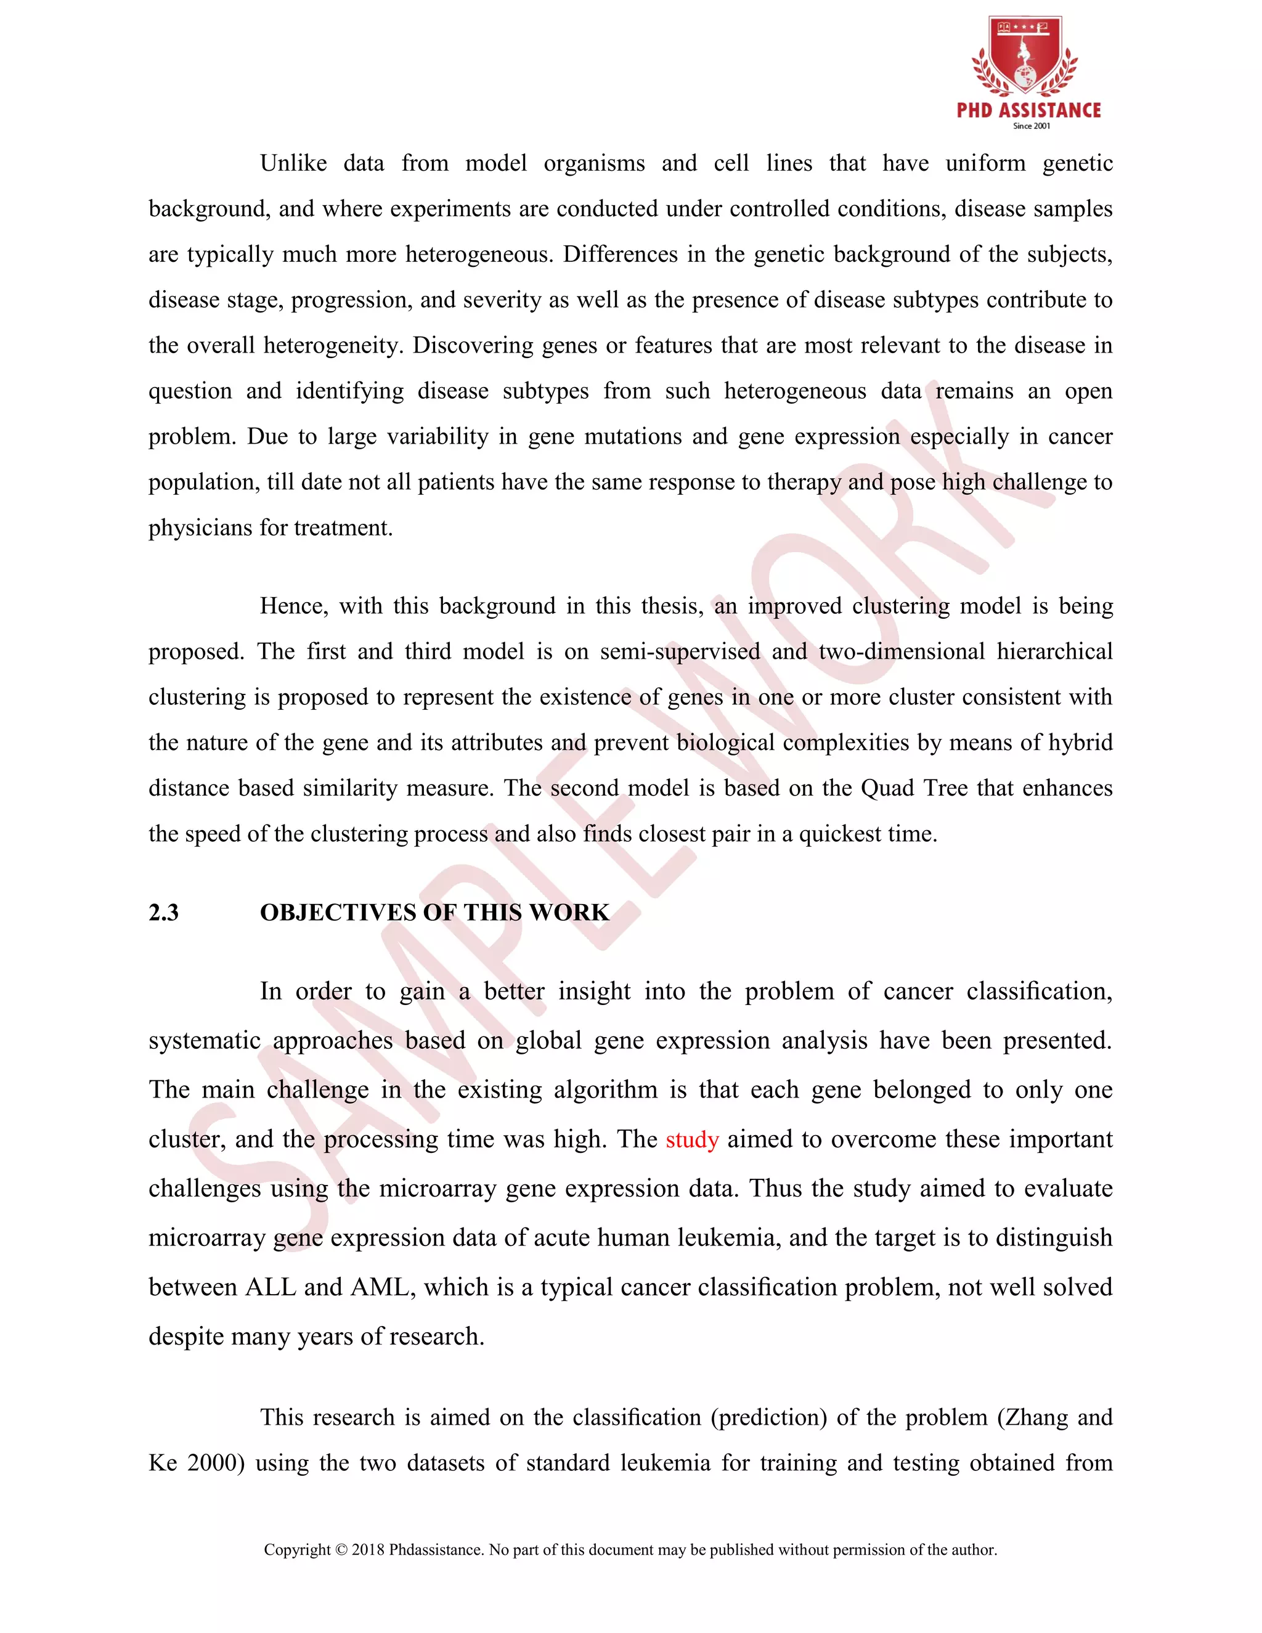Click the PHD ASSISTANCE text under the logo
(1028, 111)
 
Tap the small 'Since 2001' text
(1031, 126)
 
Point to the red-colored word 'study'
(691, 1140)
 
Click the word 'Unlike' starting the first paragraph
(293, 164)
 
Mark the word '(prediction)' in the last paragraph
(768, 1418)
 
